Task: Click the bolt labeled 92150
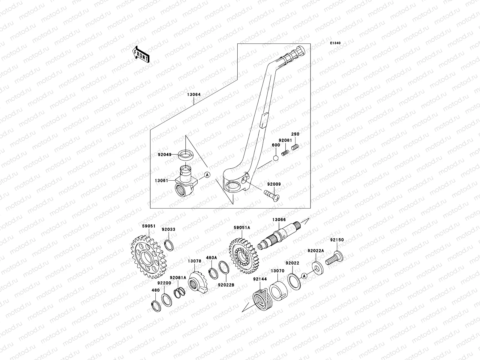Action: coord(335,259)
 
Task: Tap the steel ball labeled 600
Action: coord(276,158)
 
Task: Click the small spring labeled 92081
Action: coord(286,153)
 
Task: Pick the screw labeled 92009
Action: coord(272,195)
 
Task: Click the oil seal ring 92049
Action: coord(186,155)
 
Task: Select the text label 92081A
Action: coord(178,277)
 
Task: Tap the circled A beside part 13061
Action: coord(207,175)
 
